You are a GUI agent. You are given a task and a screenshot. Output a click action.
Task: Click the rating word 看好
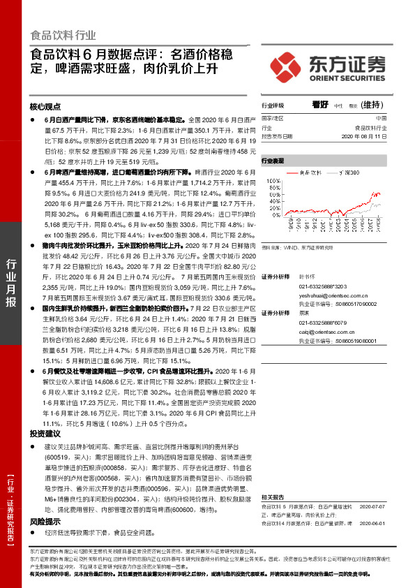(x=320, y=104)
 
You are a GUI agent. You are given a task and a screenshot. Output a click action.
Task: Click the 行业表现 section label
(x=273, y=161)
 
